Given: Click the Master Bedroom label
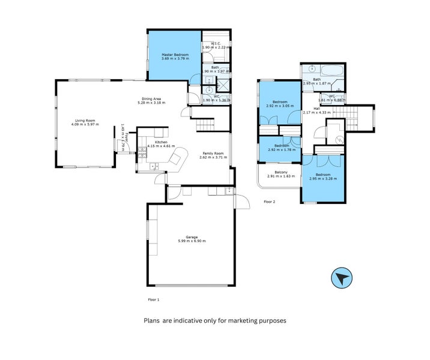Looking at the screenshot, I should click(175, 55).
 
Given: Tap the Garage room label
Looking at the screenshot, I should click(192, 237).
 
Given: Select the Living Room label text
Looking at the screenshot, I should click(84, 121).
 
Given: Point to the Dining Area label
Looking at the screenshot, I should click(151, 99).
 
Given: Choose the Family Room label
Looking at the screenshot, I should click(214, 154).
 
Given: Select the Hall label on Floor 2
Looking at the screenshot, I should click(316, 109).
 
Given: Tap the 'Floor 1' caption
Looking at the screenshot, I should click(154, 299).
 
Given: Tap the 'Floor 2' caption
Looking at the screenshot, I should click(269, 202).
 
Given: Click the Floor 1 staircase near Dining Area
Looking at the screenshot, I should click(206, 125).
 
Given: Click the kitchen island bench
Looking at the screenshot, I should click(177, 160).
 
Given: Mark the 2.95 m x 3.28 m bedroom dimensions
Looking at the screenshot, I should click(323, 179).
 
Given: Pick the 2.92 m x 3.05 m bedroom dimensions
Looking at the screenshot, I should click(278, 106).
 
